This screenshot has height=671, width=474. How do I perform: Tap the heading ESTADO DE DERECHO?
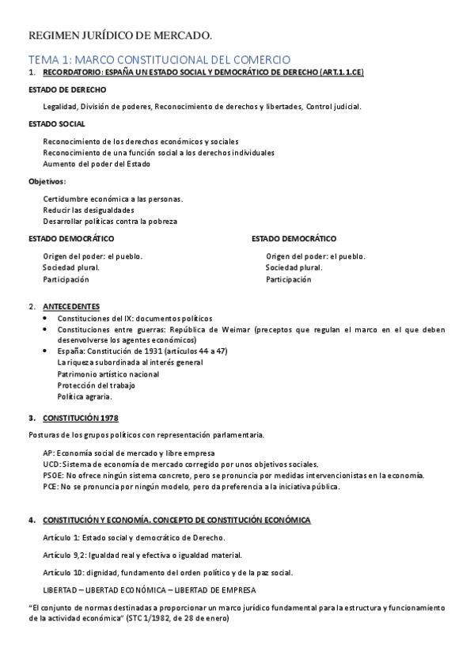[x=67, y=89]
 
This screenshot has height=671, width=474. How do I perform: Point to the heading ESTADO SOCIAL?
[x=57, y=124]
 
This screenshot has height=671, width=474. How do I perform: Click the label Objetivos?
[x=47, y=181]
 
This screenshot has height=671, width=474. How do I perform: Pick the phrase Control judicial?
[x=333, y=107]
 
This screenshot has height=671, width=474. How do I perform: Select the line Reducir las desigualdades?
[x=89, y=210]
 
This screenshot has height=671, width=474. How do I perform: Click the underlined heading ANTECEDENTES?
[x=71, y=306]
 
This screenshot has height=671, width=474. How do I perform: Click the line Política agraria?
[x=85, y=396]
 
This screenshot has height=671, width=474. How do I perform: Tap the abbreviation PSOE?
[x=53, y=475]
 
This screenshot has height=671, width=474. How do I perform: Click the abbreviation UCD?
[x=51, y=464]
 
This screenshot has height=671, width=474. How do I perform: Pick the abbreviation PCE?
[x=51, y=487]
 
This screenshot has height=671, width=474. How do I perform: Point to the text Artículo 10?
[x=64, y=572]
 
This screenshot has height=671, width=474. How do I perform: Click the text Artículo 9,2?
[x=65, y=555]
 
